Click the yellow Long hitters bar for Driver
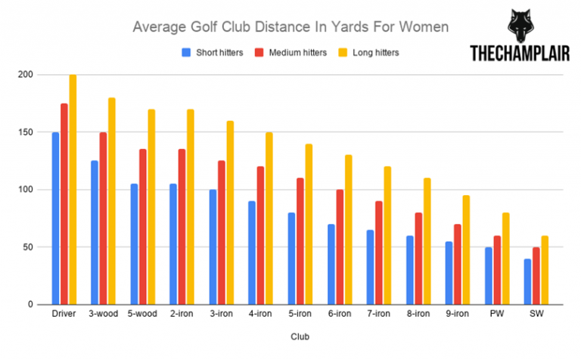click(73, 190)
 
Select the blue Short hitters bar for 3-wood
click(95, 232)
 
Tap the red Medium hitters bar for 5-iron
click(300, 241)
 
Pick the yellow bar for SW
click(545, 270)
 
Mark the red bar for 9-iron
click(458, 264)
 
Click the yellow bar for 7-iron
click(388, 235)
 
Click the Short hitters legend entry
click(213, 52)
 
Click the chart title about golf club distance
click(290, 27)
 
